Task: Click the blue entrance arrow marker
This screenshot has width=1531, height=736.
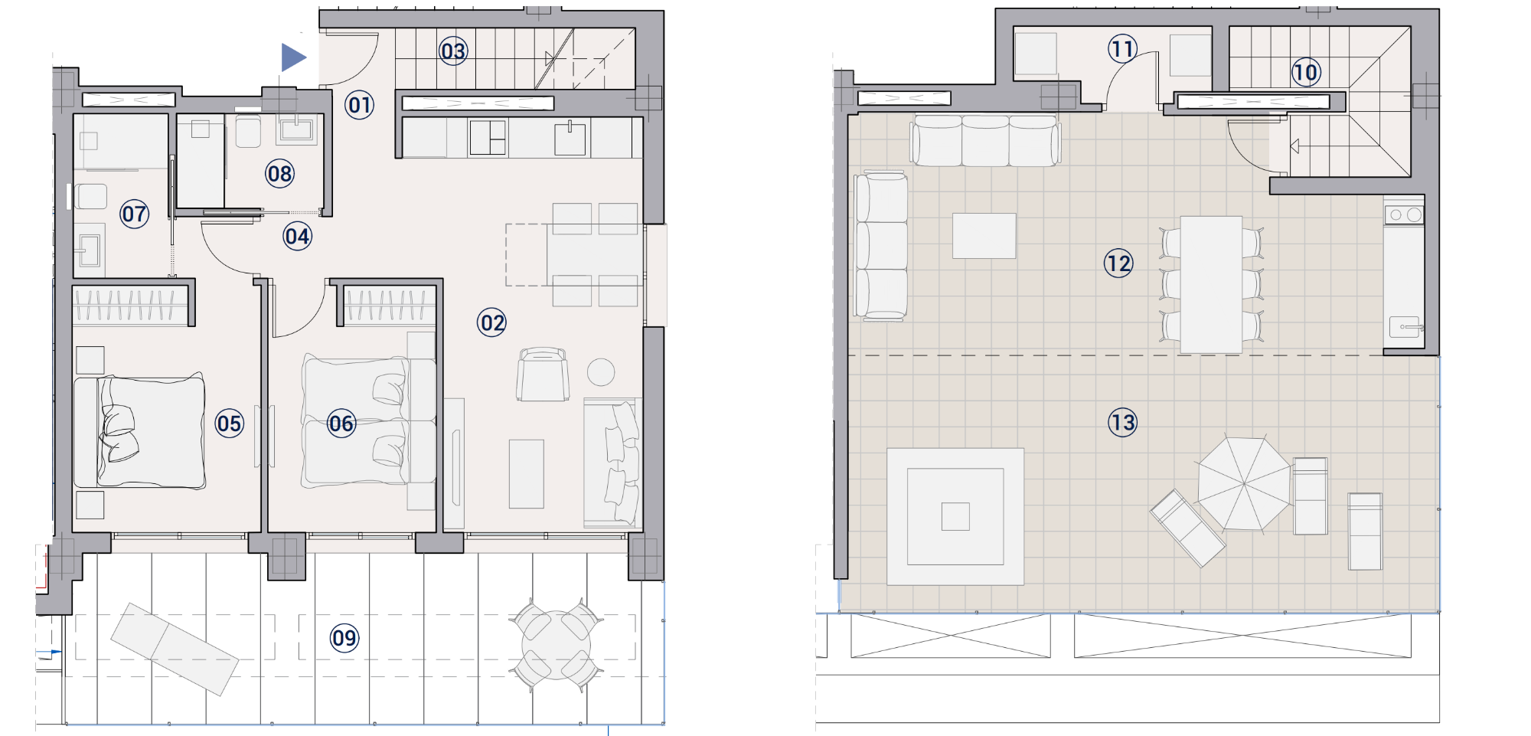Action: point(293,57)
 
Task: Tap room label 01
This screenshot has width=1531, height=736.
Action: point(359,105)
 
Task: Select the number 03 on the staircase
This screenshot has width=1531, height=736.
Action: point(453,51)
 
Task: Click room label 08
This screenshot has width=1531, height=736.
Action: point(279,174)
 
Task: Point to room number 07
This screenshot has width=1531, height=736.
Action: point(134,214)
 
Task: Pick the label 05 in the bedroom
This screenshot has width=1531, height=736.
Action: point(229,424)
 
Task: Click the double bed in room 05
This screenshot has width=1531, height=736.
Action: point(140,431)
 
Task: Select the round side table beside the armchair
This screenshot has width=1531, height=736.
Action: point(601,372)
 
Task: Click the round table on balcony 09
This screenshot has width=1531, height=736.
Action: point(557,645)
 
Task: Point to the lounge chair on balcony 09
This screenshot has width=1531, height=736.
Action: point(175,649)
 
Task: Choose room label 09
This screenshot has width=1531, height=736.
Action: point(344,638)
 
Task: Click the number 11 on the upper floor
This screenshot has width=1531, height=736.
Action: point(1122,49)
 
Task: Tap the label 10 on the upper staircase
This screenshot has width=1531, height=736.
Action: point(1305,73)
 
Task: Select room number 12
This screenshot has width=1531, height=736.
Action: point(1118,263)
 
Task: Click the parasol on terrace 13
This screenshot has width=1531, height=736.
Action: point(1244,483)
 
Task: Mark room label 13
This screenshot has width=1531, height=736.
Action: point(1122,422)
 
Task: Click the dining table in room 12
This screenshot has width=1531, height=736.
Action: point(1211,285)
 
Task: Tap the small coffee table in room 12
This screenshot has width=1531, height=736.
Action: point(984,236)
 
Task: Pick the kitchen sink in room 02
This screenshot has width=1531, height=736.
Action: point(570,139)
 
